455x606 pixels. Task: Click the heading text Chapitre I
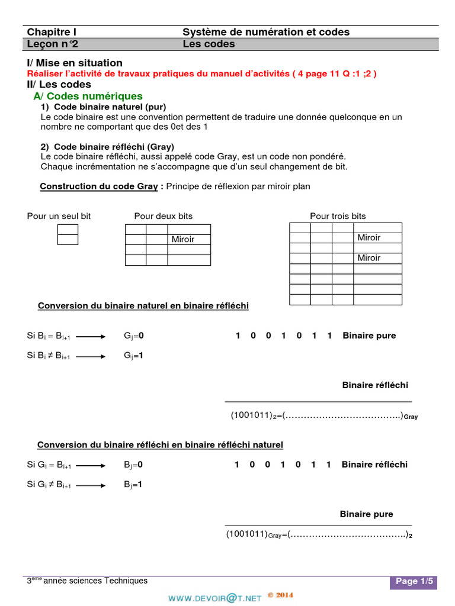[x=52, y=32]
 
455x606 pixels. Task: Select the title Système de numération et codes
[x=265, y=32]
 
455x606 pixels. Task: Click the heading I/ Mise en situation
[x=75, y=63]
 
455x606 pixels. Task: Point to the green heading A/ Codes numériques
[x=88, y=96]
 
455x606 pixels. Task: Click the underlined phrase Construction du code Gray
[x=98, y=186]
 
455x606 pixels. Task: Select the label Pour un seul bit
[x=59, y=216]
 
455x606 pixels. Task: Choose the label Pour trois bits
[x=338, y=216]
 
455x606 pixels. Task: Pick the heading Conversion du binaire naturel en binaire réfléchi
[x=143, y=306]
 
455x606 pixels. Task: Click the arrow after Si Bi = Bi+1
[x=91, y=336]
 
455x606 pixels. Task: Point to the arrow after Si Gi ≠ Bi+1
[x=91, y=485]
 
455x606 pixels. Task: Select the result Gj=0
[x=134, y=336]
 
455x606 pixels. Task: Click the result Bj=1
[x=133, y=485]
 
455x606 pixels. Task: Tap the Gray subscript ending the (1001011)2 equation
[x=411, y=417]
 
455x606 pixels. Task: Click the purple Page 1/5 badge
[x=413, y=582]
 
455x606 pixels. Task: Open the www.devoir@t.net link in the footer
[x=214, y=598]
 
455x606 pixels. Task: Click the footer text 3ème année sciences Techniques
[x=87, y=581]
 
